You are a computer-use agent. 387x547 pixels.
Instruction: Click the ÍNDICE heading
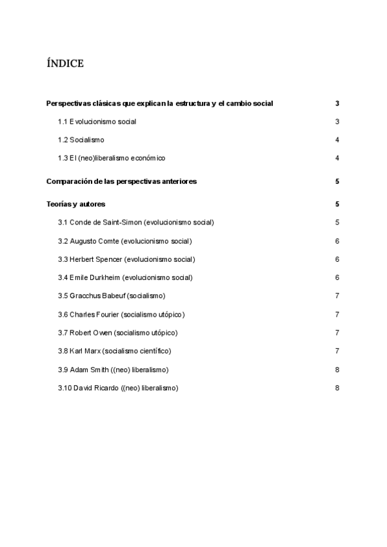click(x=65, y=63)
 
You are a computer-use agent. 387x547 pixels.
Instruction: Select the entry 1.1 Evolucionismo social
click(x=97, y=121)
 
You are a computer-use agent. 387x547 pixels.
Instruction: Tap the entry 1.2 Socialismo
click(x=81, y=139)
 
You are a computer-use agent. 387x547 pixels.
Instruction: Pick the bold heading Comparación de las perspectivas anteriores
click(x=121, y=181)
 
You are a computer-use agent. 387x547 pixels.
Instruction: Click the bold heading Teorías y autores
click(x=75, y=204)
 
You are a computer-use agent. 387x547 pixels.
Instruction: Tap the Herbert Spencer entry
click(x=126, y=259)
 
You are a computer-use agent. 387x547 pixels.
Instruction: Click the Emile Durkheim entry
click(x=125, y=277)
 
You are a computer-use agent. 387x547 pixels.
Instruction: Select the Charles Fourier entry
click(x=121, y=314)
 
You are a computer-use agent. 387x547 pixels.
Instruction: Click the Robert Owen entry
click(x=117, y=332)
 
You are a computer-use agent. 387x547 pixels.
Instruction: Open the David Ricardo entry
click(x=117, y=388)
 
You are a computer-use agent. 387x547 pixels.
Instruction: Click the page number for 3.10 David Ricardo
click(x=337, y=388)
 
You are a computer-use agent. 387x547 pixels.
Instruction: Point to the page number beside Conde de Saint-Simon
click(x=337, y=223)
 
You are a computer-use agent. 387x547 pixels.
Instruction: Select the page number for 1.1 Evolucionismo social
click(x=337, y=121)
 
